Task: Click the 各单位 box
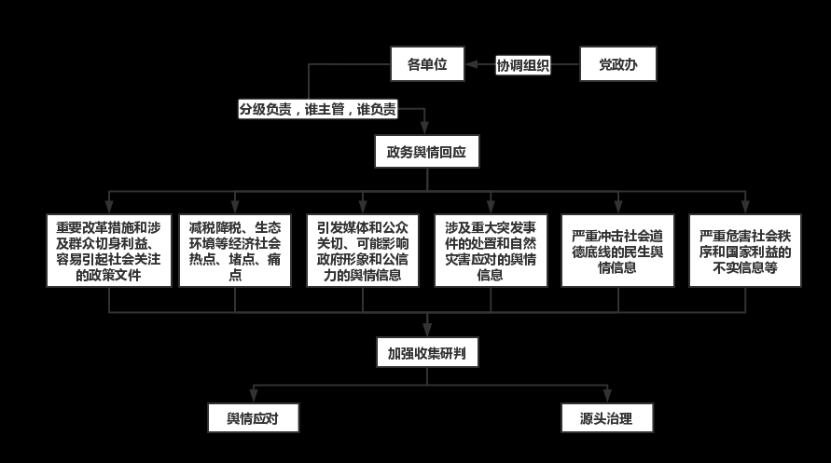[427, 64]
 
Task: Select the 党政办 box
[618, 64]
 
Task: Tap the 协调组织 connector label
[522, 65]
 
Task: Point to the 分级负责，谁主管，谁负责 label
[318, 109]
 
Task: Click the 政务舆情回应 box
[427, 150]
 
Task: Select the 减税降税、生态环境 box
[234, 251]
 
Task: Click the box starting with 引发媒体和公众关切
[363, 251]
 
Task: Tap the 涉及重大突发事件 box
[490, 251]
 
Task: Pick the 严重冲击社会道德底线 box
[617, 251]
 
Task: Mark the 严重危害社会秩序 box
[744, 251]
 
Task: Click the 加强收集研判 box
[427, 353]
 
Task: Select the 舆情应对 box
[253, 418]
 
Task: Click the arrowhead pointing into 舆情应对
[253, 399]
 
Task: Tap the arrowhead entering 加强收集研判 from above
[427, 332]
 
